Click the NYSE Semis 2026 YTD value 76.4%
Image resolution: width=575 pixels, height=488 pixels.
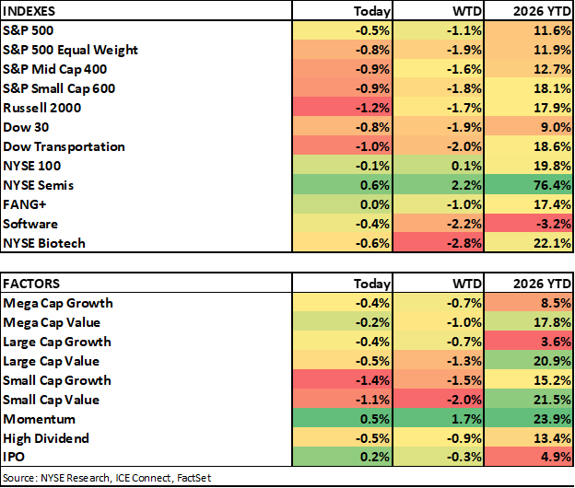pyautogui.click(x=552, y=185)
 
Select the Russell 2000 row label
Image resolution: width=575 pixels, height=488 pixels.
pyautogui.click(x=41, y=108)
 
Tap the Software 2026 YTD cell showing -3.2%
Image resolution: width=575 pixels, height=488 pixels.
pyautogui.click(x=528, y=224)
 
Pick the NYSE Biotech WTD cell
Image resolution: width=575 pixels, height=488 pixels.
pyautogui.click(x=439, y=243)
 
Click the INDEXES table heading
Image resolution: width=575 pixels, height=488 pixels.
pyautogui.click(x=29, y=11)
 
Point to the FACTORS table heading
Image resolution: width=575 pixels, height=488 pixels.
pyautogui.click(x=31, y=284)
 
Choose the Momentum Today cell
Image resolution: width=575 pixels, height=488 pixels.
pyautogui.click(x=342, y=419)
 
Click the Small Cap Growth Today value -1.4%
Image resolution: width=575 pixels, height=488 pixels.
pyautogui.click(x=372, y=380)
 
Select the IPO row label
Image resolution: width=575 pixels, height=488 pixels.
pyautogui.click(x=14, y=457)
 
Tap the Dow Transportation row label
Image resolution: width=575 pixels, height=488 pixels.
pyautogui.click(x=64, y=146)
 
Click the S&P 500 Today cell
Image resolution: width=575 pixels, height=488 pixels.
pyautogui.click(x=342, y=30)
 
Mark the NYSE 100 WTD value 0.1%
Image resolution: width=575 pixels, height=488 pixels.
pyautogui.click(x=466, y=166)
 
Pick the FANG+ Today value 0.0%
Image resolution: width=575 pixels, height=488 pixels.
pyautogui.click(x=374, y=204)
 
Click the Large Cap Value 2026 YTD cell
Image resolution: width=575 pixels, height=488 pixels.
pyautogui.click(x=528, y=361)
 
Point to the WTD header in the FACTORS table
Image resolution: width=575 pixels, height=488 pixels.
pyautogui.click(x=467, y=284)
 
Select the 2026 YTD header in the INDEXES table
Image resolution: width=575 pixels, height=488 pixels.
pyautogui.click(x=542, y=11)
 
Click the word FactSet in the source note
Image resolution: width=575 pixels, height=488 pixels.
pyautogui.click(x=194, y=478)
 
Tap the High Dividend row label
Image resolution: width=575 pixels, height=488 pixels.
pyautogui.click(x=46, y=438)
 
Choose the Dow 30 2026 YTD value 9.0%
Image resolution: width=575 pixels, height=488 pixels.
pyautogui.click(x=556, y=127)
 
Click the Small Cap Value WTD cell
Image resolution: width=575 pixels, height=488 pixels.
pyautogui.click(x=439, y=400)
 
